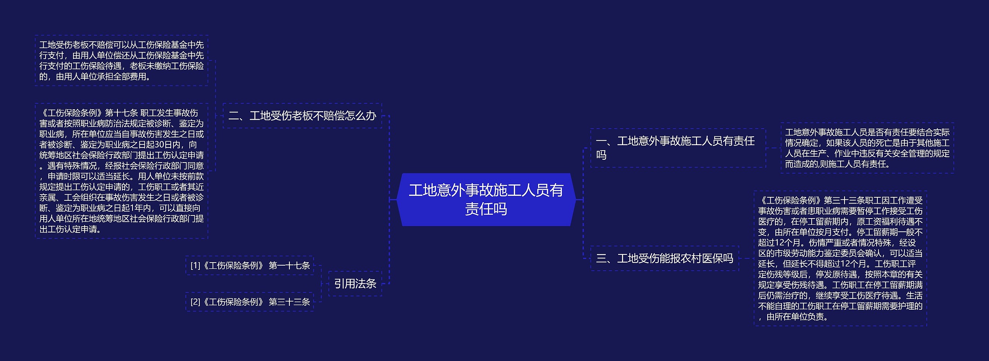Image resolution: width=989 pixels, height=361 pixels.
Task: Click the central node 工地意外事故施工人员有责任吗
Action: [486, 199]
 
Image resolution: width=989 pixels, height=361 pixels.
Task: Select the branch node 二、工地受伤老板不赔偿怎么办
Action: [302, 115]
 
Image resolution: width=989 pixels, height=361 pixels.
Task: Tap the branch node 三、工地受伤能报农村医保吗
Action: [664, 258]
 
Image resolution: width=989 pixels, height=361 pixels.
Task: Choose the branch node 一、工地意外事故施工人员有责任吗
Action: [678, 148]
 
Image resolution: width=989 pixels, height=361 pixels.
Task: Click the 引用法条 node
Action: [355, 283]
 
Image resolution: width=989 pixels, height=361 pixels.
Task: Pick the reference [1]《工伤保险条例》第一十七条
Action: [250, 265]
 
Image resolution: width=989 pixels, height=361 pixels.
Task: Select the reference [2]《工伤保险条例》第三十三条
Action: [250, 302]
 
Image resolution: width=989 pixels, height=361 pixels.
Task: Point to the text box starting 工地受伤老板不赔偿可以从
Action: [121, 61]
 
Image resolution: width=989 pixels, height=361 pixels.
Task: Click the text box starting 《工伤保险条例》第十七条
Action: [121, 171]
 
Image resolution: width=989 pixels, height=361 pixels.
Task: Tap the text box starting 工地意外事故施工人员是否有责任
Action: [867, 148]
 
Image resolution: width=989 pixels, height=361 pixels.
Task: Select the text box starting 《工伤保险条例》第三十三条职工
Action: [840, 258]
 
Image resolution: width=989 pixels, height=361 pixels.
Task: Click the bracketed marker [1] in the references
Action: [195, 266]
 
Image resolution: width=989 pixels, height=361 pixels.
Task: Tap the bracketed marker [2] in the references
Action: [195, 302]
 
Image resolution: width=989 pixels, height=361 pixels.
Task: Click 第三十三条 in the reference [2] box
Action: [289, 302]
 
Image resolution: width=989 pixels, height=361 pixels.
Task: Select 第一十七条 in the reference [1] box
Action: [289, 265]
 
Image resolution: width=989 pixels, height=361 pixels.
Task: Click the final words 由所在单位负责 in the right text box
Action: [797, 317]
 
